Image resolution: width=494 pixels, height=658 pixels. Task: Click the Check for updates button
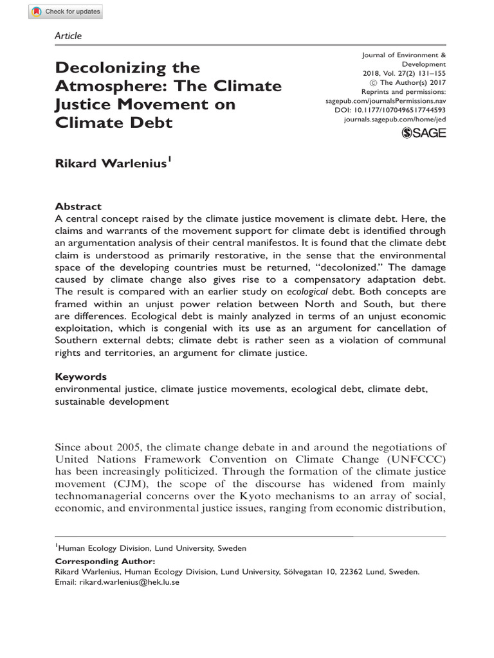click(x=66, y=12)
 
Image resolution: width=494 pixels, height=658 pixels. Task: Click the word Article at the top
click(x=69, y=36)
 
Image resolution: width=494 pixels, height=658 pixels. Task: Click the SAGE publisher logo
click(x=423, y=132)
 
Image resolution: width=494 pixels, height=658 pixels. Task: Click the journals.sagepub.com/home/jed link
click(x=396, y=120)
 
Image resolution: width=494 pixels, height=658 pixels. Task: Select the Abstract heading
click(x=78, y=206)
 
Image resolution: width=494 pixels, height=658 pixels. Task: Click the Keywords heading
click(x=80, y=377)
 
